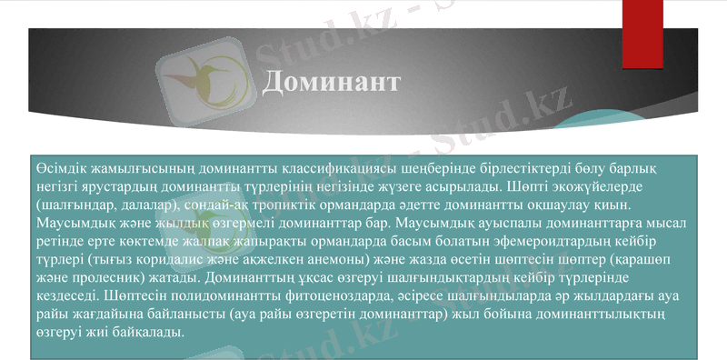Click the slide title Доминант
click(331, 82)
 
